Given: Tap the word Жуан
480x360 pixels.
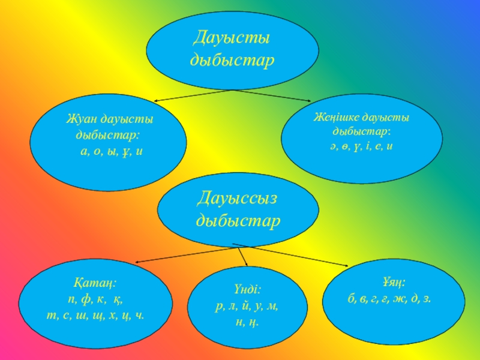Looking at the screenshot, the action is coord(81,120).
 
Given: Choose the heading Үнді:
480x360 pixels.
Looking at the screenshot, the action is coord(247,289).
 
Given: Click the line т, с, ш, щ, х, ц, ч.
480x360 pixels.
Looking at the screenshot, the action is coord(96,314).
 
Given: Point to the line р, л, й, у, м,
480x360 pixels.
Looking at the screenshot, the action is coord(247,306).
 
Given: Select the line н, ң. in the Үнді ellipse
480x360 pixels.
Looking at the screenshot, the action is coord(247,322).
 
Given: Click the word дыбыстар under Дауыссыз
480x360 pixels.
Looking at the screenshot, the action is coord(238,221).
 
